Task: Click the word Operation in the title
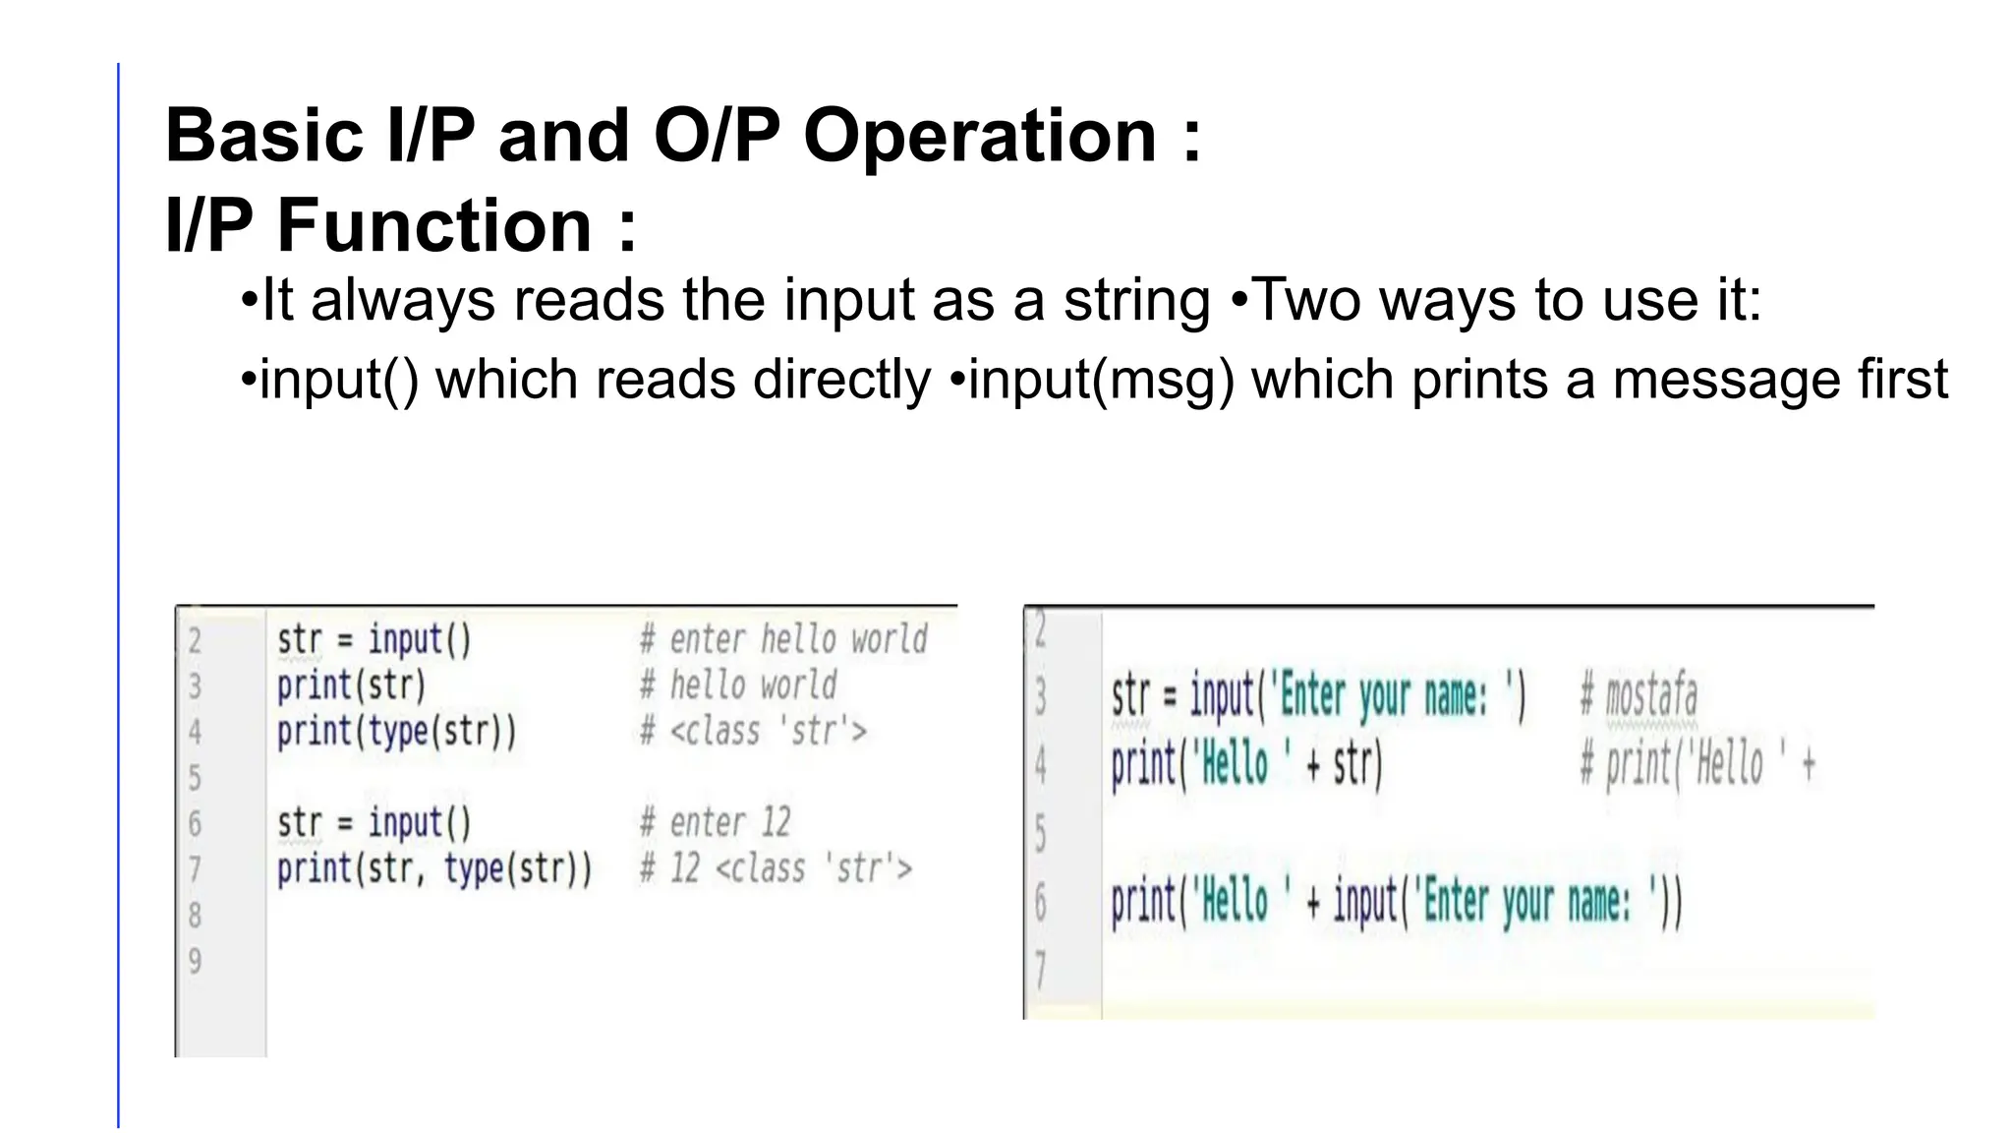pos(980,136)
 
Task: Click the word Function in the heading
pos(434,226)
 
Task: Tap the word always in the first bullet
pos(403,300)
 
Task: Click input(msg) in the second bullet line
pos(1101,381)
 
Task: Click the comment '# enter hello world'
pos(783,640)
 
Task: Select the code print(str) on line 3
pos(351,686)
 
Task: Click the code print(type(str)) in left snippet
pos(396,732)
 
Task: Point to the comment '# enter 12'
pos(715,823)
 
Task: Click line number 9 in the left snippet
pos(195,961)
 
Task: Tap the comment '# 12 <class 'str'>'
pos(776,869)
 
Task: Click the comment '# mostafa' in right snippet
pos(1638,696)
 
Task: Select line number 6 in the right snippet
pos(1041,903)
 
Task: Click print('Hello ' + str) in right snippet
pos(1246,765)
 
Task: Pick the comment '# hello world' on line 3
pos(738,686)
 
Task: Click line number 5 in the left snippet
pos(195,778)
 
